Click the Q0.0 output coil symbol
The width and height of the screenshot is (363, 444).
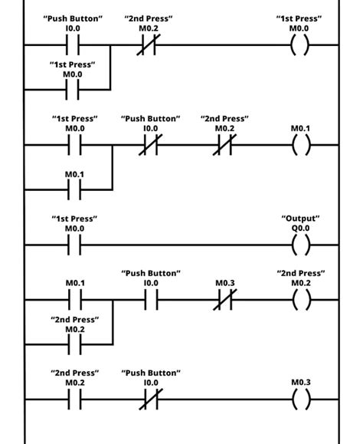301,245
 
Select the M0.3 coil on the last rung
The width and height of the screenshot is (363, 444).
301,399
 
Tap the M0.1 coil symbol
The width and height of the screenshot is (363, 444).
301,145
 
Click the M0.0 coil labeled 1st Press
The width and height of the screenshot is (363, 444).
301,45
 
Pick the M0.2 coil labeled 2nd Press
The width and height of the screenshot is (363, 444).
301,300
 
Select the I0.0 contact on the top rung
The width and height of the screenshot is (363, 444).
74,45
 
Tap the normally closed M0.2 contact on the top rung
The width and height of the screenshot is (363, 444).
149,45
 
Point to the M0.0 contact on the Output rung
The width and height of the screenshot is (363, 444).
74,245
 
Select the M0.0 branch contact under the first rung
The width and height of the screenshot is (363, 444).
74,90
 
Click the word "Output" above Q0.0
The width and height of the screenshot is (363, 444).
301,219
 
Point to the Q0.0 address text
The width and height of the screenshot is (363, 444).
301,229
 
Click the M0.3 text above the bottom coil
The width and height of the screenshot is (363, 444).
301,382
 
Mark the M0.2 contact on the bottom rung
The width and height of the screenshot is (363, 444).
74,399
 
